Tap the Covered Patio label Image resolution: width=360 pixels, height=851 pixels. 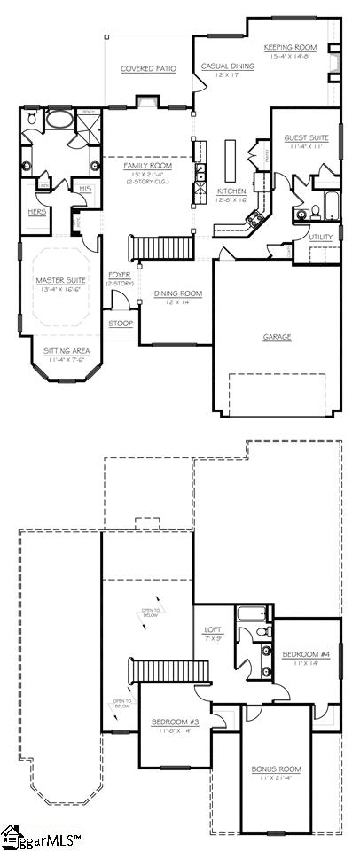[148, 68]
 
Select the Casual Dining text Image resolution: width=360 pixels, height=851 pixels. [228, 66]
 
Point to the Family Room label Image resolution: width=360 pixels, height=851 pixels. [148, 166]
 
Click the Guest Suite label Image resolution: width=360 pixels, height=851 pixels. [306, 138]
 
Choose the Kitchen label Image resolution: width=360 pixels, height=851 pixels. [231, 191]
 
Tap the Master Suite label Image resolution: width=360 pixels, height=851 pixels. [59, 281]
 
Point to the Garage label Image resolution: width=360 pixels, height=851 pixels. [278, 337]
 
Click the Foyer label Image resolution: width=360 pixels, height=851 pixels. [120, 276]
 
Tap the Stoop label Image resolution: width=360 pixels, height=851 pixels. [121, 324]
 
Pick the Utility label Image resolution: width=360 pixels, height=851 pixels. [321, 237]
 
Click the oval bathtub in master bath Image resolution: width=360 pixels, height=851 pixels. [59, 120]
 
